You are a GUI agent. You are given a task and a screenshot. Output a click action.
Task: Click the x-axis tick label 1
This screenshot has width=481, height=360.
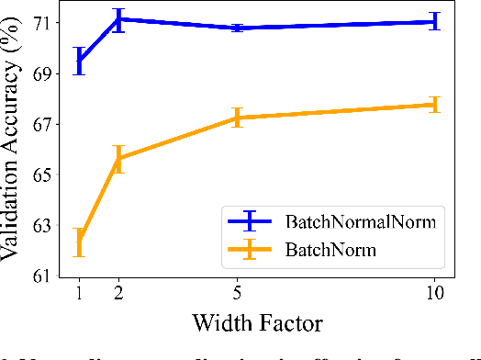pyautogui.click(x=79, y=294)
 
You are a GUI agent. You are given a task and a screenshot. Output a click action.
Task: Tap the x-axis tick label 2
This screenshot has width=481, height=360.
pyautogui.click(x=118, y=294)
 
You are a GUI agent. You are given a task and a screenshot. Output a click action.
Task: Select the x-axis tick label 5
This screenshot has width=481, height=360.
pyautogui.click(x=237, y=294)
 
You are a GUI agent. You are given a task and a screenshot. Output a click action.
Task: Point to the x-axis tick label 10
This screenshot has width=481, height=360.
pyautogui.click(x=434, y=294)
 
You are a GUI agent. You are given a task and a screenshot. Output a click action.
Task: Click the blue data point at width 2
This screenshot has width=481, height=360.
pyautogui.click(x=118, y=18)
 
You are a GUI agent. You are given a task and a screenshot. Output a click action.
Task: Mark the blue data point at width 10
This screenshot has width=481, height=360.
pyautogui.click(x=434, y=21)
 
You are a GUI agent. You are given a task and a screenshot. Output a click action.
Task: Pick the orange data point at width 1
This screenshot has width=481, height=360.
pyautogui.click(x=79, y=242)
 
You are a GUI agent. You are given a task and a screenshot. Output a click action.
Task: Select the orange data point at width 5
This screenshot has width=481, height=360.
pyautogui.click(x=237, y=118)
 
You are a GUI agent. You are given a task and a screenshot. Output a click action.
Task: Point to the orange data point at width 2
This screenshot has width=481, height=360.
pyautogui.click(x=118, y=158)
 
